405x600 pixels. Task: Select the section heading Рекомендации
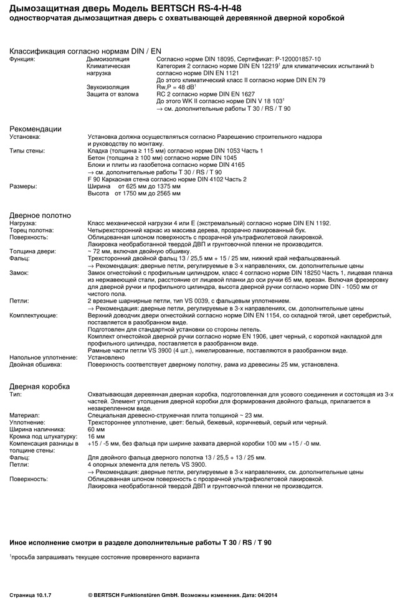pos(36,129)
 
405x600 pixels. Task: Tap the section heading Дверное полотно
pos(40,215)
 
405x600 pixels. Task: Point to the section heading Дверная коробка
pos(39,387)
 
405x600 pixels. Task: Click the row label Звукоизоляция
pos(108,87)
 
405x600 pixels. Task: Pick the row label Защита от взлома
pos(112,94)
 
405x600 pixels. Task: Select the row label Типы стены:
pos(27,151)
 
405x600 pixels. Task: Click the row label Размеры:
pos(23,185)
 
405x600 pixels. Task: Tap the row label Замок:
pos(19,272)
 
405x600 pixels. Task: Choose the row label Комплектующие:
pos(33,316)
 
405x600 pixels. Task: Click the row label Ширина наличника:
pos(37,429)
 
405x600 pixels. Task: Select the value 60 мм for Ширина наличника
pos(97,429)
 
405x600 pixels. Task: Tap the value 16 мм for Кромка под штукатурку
pos(97,436)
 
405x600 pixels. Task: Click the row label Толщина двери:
pos(32,251)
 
